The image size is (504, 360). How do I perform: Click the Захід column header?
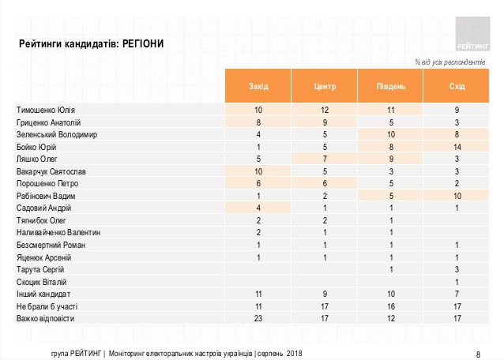(258, 86)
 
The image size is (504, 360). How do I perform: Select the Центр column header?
(325, 86)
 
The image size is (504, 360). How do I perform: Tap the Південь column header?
(391, 86)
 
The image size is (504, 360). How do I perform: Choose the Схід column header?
(457, 86)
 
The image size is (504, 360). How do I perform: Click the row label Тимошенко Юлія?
(46, 111)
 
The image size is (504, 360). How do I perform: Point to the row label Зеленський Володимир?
(57, 134)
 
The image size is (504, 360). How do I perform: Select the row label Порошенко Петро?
(47, 184)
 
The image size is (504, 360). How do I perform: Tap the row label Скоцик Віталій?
(41, 282)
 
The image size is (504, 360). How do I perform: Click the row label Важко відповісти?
(45, 319)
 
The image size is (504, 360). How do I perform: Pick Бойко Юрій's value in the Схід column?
(457, 147)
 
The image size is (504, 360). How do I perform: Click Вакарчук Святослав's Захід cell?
(258, 171)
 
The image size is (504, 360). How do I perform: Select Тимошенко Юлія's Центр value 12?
(325, 111)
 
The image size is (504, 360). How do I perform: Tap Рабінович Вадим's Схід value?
(457, 196)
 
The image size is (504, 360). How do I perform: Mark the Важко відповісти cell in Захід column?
(258, 319)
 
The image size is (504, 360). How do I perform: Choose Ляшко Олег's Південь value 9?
(391, 159)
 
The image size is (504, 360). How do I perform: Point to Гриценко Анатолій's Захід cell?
(258, 122)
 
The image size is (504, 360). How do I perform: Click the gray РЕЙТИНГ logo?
(472, 34)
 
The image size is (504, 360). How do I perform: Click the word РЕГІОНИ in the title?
(143, 43)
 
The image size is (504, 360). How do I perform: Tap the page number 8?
(478, 354)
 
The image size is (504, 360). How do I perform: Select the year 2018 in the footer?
(294, 354)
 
